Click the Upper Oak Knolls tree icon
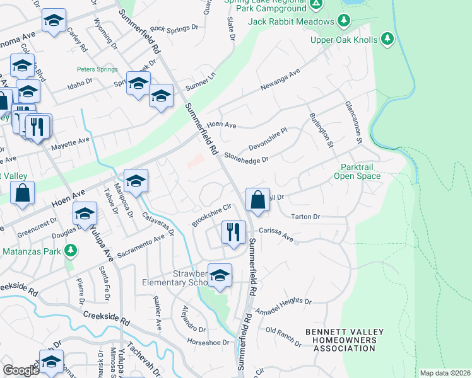pyautogui.click(x=387, y=40)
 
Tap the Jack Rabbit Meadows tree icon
pyautogui.click(x=343, y=21)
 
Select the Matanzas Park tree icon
pyautogui.click(x=71, y=251)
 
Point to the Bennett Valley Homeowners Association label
pyautogui.click(x=341, y=340)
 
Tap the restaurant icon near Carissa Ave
pyautogui.click(x=233, y=232)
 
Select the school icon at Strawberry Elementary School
pyautogui.click(x=220, y=275)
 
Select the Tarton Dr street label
pyautogui.click(x=306, y=217)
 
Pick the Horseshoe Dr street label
pyautogui.click(x=207, y=342)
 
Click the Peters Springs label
pyautogui.click(x=94, y=69)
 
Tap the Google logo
pyautogui.click(x=21, y=370)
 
